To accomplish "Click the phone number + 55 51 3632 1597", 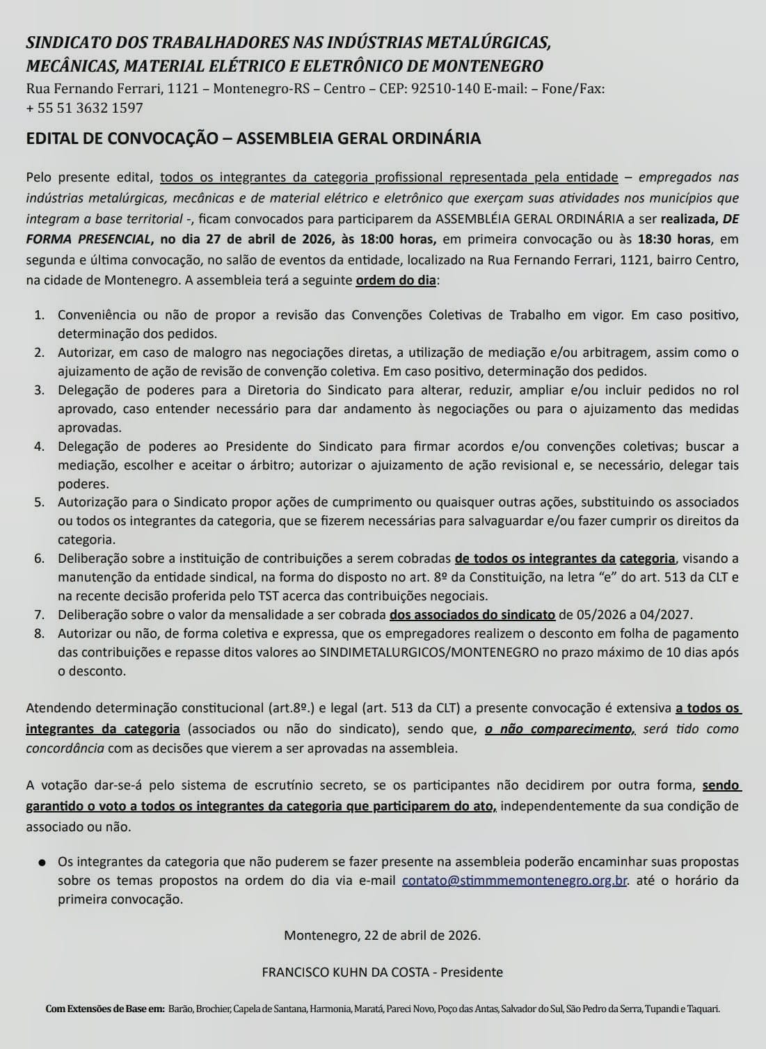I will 84,108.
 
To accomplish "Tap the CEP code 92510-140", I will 445,89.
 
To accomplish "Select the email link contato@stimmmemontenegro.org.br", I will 515,880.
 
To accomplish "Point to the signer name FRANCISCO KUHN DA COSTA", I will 345,972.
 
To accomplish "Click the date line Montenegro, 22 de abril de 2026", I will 382,935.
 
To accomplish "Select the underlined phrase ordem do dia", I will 397,281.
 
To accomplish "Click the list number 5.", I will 39,502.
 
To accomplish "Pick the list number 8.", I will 39,634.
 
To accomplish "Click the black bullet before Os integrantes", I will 43,863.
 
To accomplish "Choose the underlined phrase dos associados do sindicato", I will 472,614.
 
